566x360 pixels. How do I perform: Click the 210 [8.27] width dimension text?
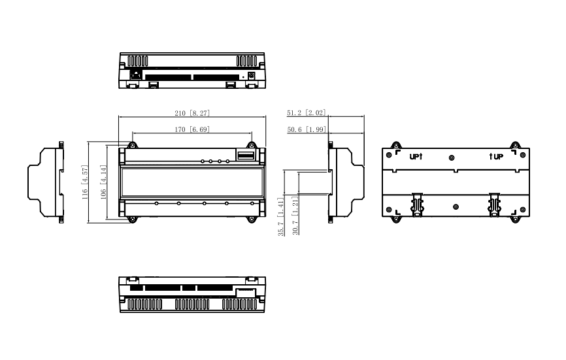(191, 113)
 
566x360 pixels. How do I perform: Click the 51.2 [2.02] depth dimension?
(307, 113)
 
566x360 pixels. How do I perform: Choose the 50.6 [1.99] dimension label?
(307, 129)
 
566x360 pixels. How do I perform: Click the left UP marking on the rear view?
(416, 157)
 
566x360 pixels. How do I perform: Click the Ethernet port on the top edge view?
(136, 74)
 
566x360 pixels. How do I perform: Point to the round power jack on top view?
(251, 74)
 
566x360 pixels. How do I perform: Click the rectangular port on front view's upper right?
(244, 155)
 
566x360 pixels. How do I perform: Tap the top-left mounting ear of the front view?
(131, 144)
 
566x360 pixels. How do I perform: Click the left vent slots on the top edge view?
(138, 59)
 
